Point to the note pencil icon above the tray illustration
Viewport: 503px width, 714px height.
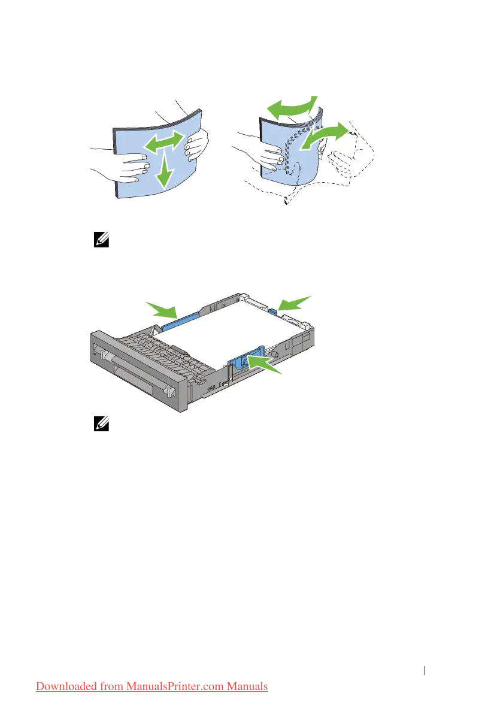point(100,241)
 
